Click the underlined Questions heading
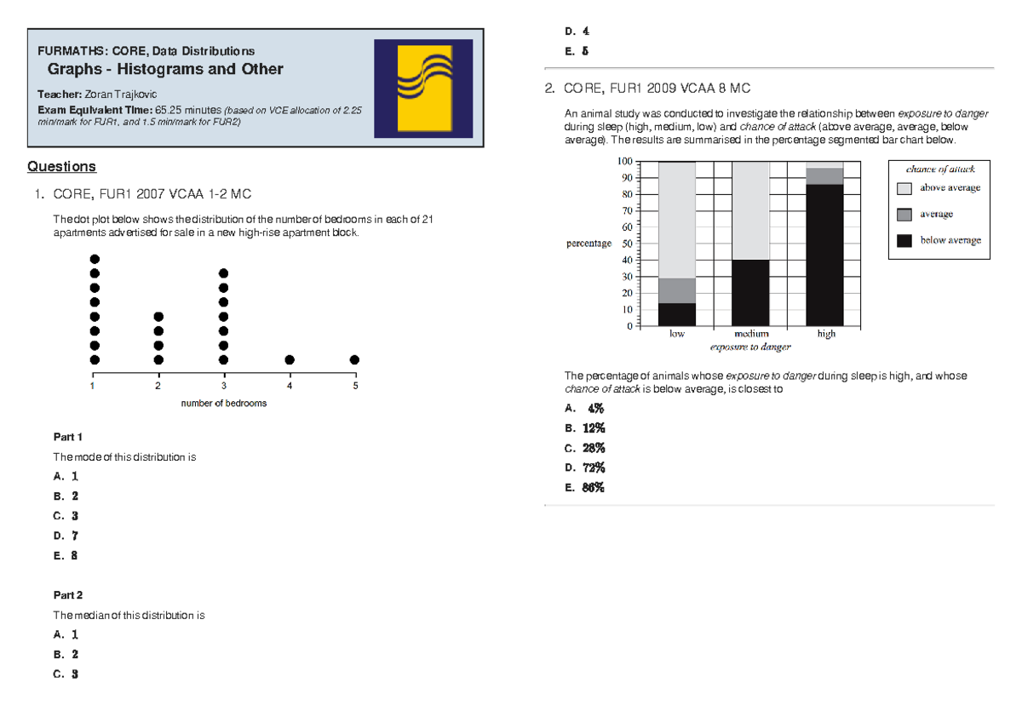click(x=61, y=166)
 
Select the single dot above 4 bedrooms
click(x=290, y=359)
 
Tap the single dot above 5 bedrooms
click(x=354, y=359)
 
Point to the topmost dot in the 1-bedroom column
click(x=95, y=259)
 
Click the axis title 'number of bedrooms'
click(x=224, y=403)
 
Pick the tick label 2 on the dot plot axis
click(x=158, y=386)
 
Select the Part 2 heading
click(x=67, y=594)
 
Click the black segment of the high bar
click(x=824, y=255)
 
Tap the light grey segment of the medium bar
click(x=750, y=210)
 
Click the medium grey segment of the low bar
click(x=677, y=290)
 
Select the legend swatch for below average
click(x=904, y=240)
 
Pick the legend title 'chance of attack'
click(x=934, y=169)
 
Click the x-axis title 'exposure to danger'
click(x=750, y=347)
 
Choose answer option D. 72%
click(x=585, y=468)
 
